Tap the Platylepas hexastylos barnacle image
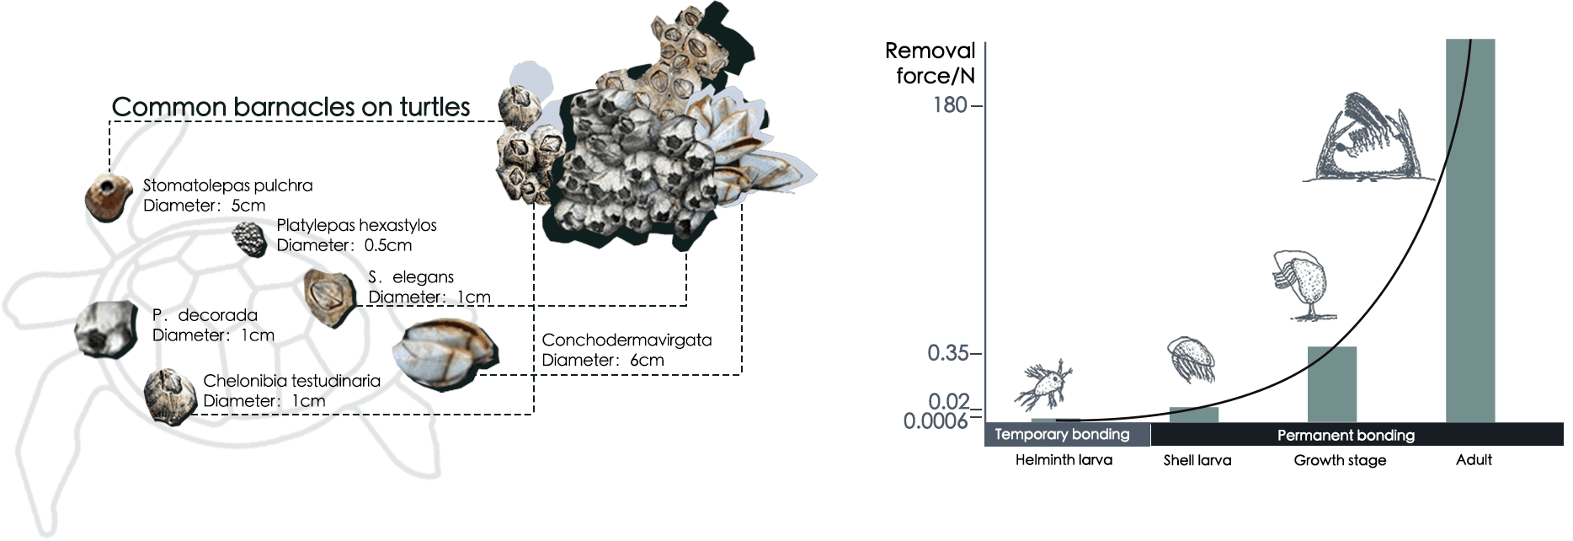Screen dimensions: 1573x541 click(x=249, y=238)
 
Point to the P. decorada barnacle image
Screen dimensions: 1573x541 click(x=105, y=329)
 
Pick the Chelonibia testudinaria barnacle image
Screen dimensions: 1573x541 click(x=170, y=396)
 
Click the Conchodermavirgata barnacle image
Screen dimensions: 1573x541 click(x=446, y=355)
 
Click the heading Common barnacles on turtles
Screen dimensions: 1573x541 click(x=291, y=107)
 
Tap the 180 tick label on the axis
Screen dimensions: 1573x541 click(x=950, y=105)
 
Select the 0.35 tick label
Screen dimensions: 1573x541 click(x=948, y=353)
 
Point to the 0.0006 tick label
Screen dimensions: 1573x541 click(x=936, y=420)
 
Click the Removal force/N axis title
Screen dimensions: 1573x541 click(x=930, y=63)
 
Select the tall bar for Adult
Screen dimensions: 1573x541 click(x=1470, y=231)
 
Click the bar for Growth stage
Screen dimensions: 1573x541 click(x=1332, y=384)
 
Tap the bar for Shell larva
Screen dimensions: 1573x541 click(x=1194, y=415)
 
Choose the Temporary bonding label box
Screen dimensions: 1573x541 click(x=1068, y=434)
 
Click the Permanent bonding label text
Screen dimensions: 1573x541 click(x=1346, y=435)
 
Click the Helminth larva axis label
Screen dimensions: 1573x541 click(x=1064, y=460)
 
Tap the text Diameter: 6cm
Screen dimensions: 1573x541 click(x=603, y=360)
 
